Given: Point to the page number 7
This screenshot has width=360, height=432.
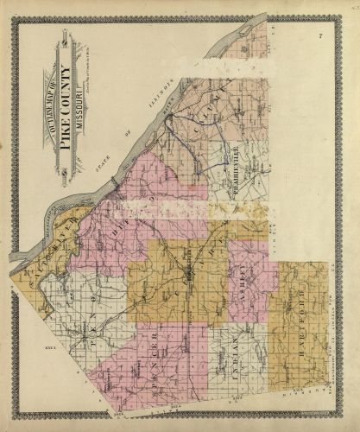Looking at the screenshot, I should (319, 35).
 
